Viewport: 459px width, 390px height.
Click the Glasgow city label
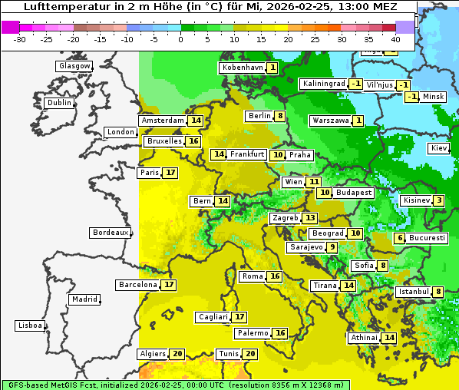click(74, 66)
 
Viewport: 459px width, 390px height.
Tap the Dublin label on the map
click(59, 103)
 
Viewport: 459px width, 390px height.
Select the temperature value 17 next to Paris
click(170, 173)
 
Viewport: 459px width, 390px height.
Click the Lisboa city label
click(30, 326)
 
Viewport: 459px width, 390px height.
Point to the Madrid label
click(84, 299)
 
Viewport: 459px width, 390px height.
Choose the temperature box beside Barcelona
click(169, 285)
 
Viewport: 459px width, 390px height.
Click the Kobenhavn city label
click(242, 68)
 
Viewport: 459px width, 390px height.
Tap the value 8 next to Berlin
click(281, 116)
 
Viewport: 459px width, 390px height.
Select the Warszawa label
click(330, 121)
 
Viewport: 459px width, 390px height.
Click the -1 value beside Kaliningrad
click(356, 84)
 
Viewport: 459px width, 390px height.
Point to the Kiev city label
click(439, 148)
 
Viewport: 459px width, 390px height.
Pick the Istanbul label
click(413, 292)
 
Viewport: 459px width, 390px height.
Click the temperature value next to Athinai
click(389, 338)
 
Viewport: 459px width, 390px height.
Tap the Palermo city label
click(253, 333)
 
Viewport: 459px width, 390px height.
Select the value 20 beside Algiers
click(177, 354)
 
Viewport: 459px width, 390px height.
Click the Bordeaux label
click(111, 233)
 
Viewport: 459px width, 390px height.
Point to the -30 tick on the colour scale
click(20, 39)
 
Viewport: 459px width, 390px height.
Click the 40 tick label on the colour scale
click(395, 39)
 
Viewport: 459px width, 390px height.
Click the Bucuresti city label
click(428, 238)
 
